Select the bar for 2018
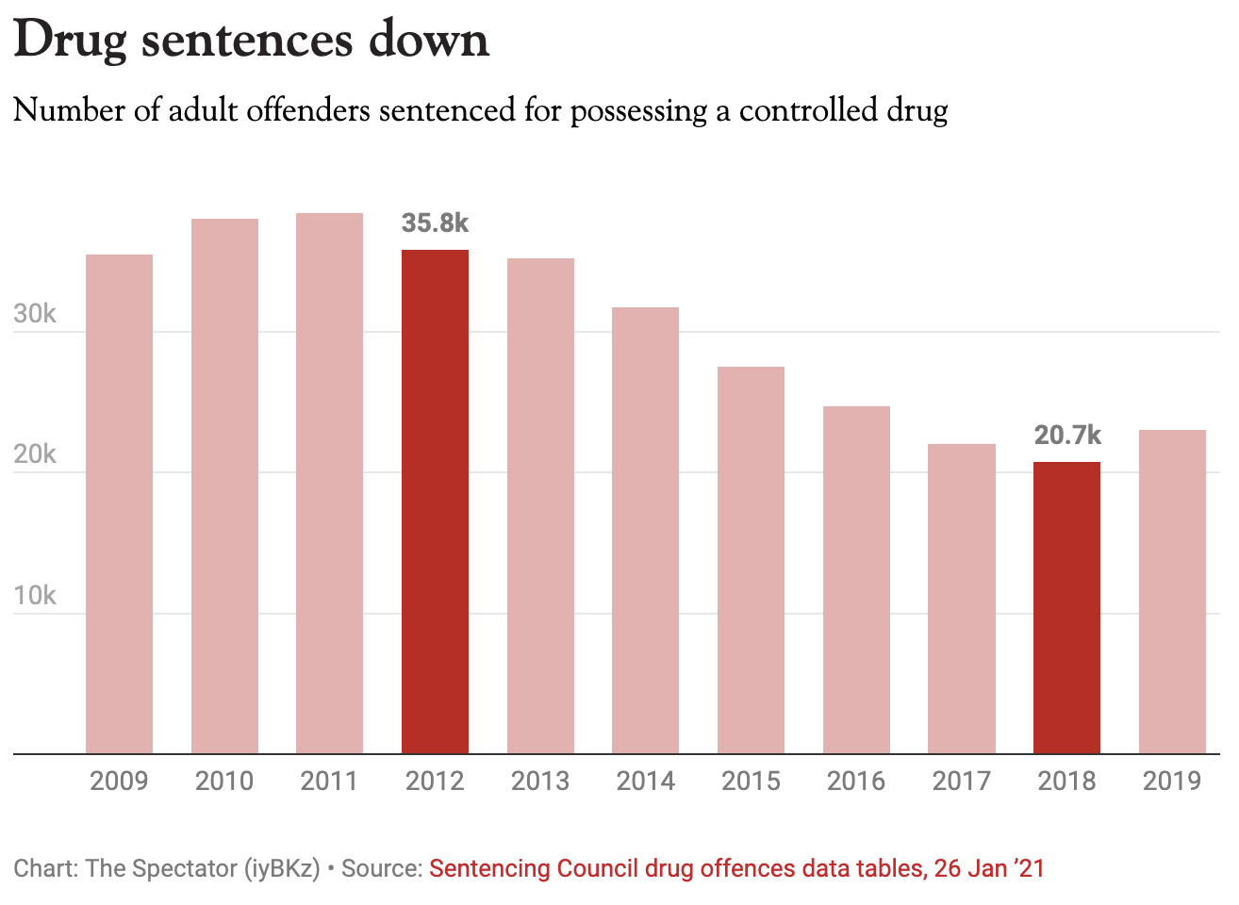click(1066, 608)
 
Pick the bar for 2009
click(119, 504)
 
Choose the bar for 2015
click(751, 560)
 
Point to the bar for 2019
click(1172, 592)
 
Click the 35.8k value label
click(435, 223)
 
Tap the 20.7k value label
click(1066, 436)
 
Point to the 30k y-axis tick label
click(35, 315)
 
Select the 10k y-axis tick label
click(35, 597)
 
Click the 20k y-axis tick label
click(35, 455)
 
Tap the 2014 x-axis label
click(645, 782)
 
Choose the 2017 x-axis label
click(961, 782)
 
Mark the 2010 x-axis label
click(224, 782)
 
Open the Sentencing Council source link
click(736, 868)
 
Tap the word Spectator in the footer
click(180, 868)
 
